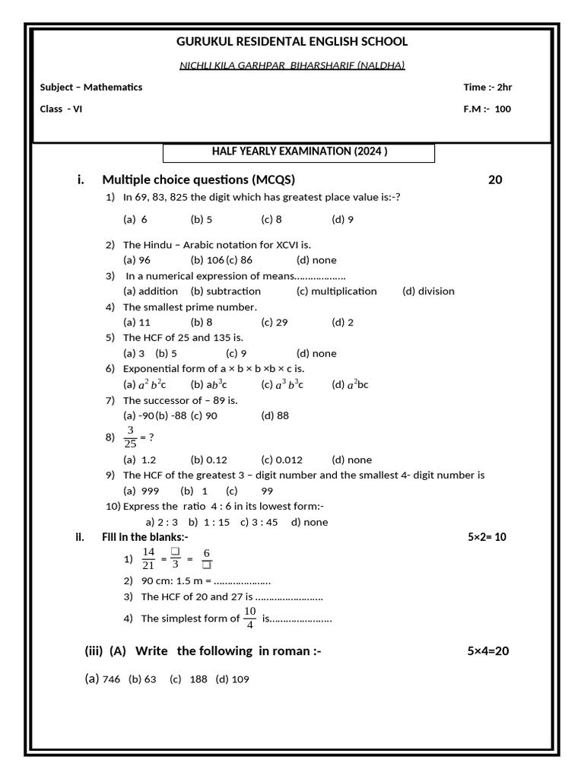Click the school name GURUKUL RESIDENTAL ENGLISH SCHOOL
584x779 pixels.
292,42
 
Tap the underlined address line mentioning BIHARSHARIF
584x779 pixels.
292,65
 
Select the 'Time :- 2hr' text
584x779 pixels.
487,87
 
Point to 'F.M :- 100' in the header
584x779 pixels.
487,109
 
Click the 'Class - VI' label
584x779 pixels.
62,109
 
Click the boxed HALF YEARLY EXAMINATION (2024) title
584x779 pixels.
299,152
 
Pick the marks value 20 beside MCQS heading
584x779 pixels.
495,180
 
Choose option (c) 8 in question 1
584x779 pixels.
271,220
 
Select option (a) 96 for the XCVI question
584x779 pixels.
137,260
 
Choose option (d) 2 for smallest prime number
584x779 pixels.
342,323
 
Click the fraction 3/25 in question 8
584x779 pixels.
131,437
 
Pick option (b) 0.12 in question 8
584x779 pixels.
209,460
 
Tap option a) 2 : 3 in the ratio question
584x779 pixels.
161,523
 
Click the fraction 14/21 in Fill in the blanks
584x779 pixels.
148,558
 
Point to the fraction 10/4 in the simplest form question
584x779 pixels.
250,618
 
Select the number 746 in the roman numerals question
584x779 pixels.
111,679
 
